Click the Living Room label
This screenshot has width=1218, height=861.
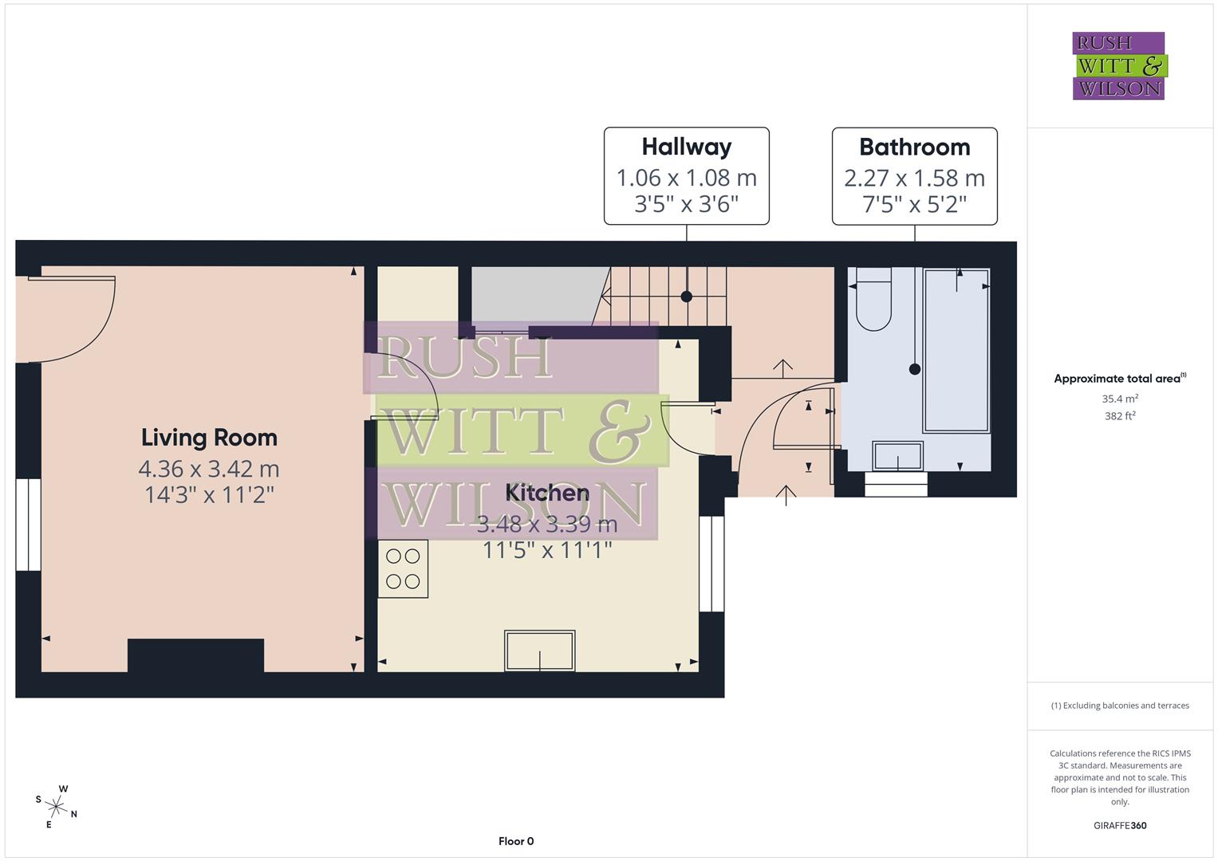point(209,438)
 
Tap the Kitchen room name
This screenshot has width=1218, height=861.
point(547,493)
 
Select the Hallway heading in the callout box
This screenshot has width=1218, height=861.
point(686,147)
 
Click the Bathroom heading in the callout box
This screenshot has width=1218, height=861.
point(914,147)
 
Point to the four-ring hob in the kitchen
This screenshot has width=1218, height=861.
point(403,568)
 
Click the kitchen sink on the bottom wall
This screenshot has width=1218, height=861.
point(539,651)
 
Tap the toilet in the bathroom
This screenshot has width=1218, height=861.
point(873,304)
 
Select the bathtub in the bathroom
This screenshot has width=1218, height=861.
point(956,351)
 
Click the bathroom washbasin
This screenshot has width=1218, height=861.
point(898,457)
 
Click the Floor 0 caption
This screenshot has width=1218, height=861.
point(515,841)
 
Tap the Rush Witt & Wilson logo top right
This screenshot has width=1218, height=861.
point(1118,66)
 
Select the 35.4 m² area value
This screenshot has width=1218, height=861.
point(1119,399)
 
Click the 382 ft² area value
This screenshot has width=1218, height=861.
point(1119,416)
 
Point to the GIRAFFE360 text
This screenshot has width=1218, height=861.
point(1119,825)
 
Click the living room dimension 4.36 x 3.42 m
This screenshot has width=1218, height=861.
point(209,468)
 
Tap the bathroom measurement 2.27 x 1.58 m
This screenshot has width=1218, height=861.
point(914,178)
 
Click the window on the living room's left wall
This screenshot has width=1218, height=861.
point(29,525)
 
